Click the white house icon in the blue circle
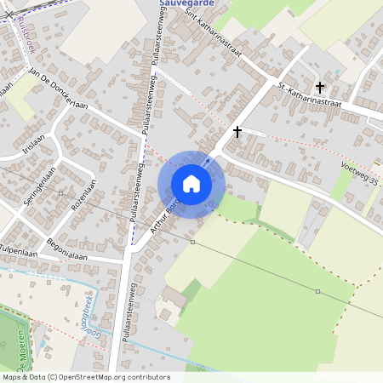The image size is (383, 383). pos(191,184)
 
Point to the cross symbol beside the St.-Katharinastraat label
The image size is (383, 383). pos(321,87)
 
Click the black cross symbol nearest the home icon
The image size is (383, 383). pos(237,132)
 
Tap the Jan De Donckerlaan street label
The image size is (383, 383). pos(60,89)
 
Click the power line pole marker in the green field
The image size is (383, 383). pos(317,292)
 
